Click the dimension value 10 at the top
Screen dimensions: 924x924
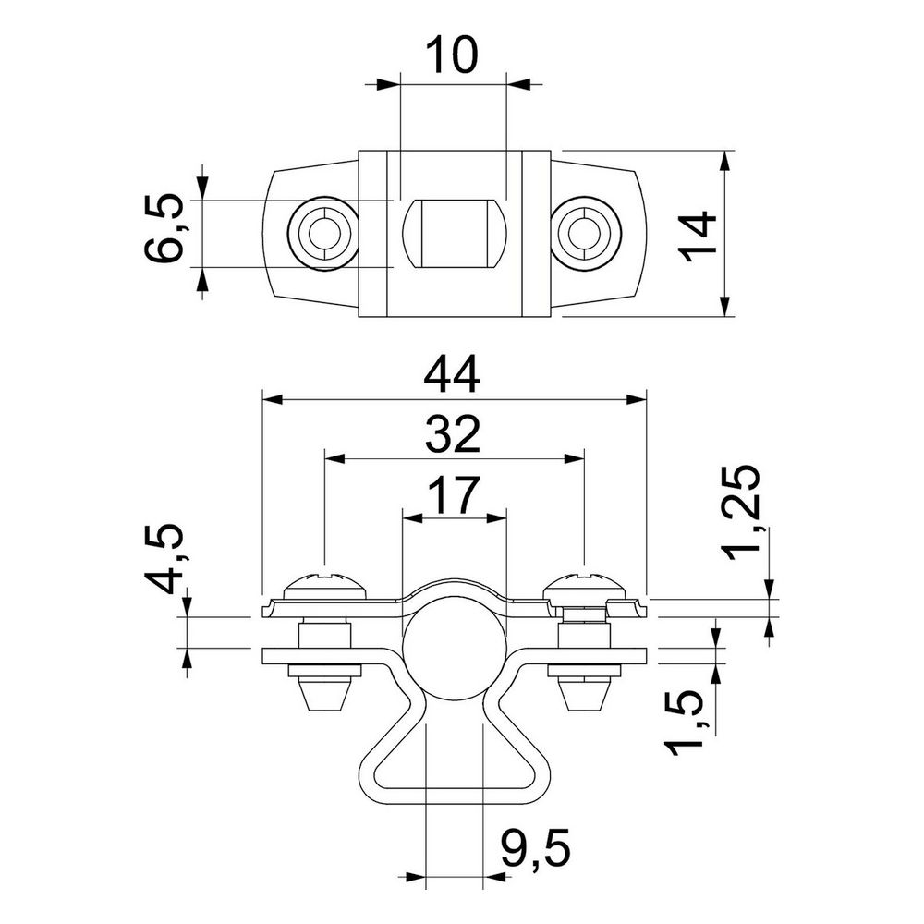pos(452,55)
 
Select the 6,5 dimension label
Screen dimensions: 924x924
pos(164,228)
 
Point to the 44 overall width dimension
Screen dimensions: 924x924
pos(452,375)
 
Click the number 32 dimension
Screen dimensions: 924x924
pos(453,434)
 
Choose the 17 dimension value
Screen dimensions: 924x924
pos(452,495)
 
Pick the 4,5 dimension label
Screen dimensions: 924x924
pos(164,558)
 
